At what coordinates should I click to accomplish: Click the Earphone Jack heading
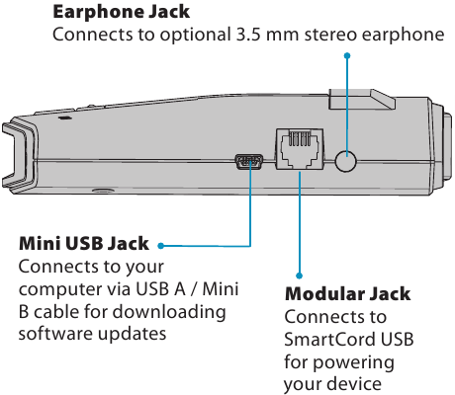click(x=121, y=12)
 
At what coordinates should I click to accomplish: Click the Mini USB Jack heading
click(x=84, y=244)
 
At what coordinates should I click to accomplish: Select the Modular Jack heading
click(x=348, y=294)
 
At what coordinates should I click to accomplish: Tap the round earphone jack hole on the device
click(x=345, y=161)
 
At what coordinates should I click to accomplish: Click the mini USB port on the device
click(x=249, y=162)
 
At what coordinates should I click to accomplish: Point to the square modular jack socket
click(x=300, y=149)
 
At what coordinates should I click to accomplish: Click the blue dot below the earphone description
click(x=347, y=55)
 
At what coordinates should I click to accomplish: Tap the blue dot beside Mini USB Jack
click(x=161, y=246)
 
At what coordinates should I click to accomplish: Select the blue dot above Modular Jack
click(x=299, y=276)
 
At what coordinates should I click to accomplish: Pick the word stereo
click(x=330, y=35)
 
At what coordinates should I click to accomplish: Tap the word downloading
click(x=169, y=312)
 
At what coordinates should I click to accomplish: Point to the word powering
click(x=353, y=362)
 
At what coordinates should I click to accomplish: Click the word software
click(x=55, y=334)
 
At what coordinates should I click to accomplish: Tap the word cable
click(x=56, y=311)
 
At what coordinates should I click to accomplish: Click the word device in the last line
click(x=356, y=384)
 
